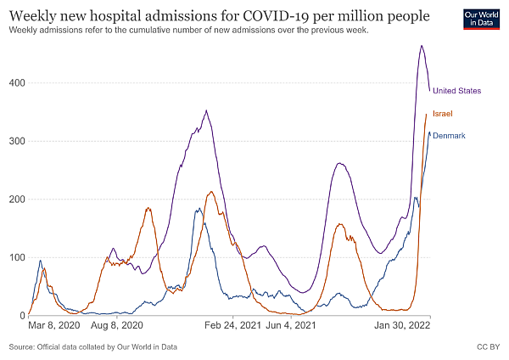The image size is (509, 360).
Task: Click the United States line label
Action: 457,91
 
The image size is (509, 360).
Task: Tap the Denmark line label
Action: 450,136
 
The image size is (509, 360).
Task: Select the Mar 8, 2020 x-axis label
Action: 54,325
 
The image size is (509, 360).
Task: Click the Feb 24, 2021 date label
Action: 231,325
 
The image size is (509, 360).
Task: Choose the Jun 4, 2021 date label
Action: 291,325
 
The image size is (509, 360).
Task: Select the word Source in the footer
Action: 23,347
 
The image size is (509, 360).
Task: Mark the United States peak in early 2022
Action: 422,46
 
